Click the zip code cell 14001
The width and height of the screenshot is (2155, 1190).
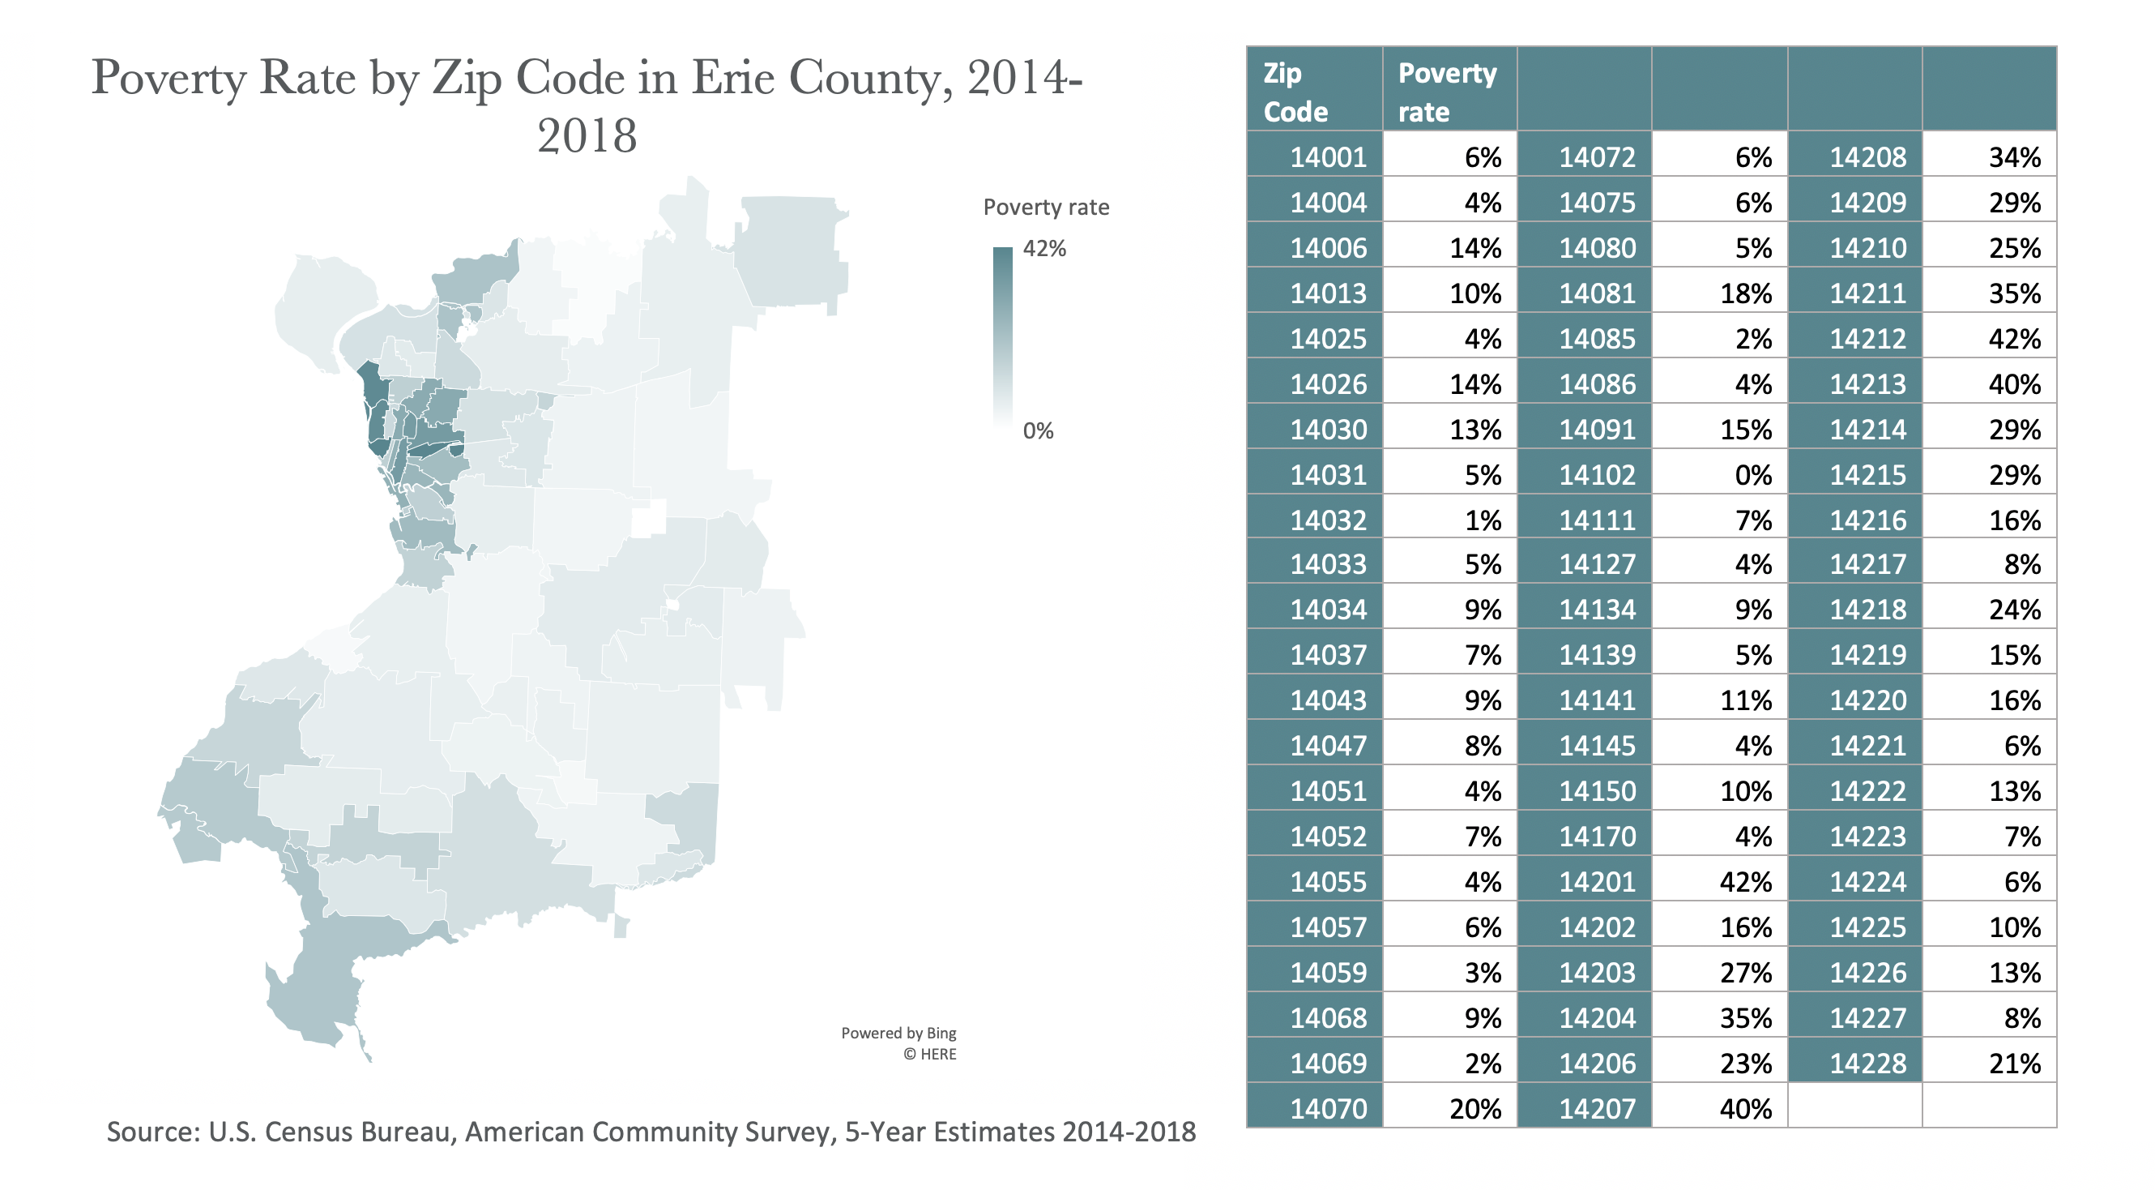pos(1327,157)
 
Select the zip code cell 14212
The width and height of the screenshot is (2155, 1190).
pos(1867,339)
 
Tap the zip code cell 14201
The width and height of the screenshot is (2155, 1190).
pos(1596,882)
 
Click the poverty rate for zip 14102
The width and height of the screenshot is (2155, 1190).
pos(1752,475)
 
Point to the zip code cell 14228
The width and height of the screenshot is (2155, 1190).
pos(1867,1064)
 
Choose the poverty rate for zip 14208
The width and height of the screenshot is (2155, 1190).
pos(2015,157)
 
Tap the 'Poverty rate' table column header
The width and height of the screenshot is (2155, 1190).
pos(1446,92)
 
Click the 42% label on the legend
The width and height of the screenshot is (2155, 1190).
pos(1044,249)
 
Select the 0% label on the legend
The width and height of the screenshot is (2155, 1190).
pos(1037,431)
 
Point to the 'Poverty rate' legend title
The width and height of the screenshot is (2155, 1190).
pos(1046,208)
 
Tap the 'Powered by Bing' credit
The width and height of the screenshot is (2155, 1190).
pos(898,1034)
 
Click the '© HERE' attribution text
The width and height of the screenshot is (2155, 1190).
pos(928,1055)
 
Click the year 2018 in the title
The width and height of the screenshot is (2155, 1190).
pos(587,135)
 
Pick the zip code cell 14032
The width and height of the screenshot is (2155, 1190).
pos(1327,520)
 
